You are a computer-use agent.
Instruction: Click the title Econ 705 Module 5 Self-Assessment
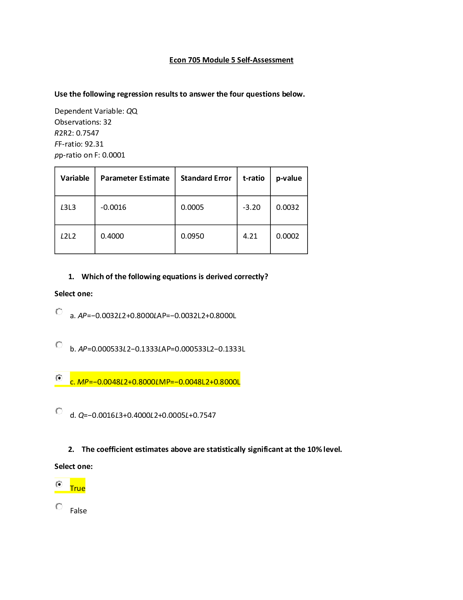[231, 60]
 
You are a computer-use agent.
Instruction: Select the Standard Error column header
[206, 178]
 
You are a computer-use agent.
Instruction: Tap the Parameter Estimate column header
[135, 178]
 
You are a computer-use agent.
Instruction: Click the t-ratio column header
[253, 178]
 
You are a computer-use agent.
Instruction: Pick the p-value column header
[289, 178]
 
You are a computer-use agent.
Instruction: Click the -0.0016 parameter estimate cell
[113, 207]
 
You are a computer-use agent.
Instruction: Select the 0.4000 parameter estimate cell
[112, 236]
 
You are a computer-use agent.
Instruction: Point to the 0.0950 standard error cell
[193, 236]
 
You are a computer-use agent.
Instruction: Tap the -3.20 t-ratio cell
[252, 207]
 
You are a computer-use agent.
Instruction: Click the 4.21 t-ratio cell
[250, 236]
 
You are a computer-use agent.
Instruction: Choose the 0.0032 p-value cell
[287, 207]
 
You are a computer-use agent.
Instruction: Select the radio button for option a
[59, 312]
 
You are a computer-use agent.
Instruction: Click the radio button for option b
[59, 345]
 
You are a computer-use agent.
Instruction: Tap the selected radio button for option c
[59, 378]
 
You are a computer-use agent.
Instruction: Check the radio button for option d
[59, 411]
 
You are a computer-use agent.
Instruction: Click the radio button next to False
[59, 506]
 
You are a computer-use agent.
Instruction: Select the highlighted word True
[78, 488]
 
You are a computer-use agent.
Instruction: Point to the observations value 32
[107, 122]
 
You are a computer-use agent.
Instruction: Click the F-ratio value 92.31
[94, 144]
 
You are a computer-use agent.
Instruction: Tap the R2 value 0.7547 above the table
[87, 133]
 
